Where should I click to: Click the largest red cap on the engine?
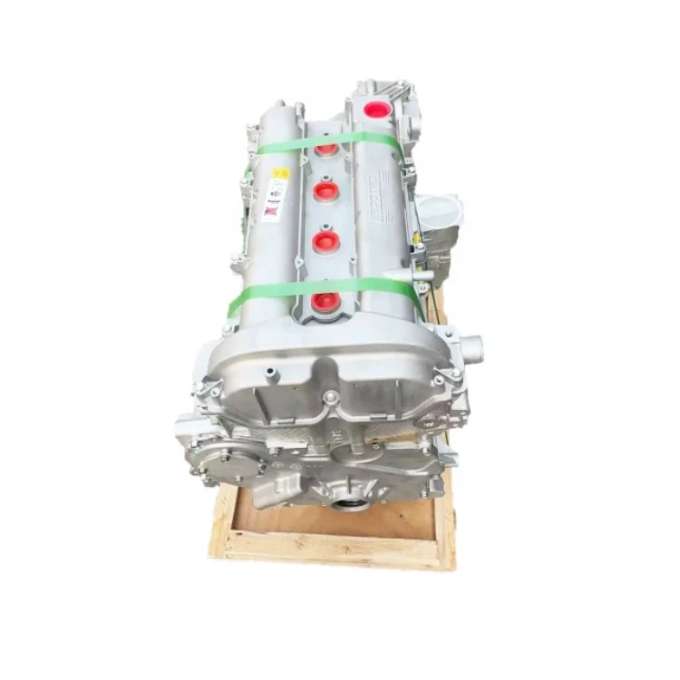[377, 110]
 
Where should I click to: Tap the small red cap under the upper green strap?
[326, 148]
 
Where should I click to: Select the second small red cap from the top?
[325, 191]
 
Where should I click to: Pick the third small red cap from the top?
[325, 241]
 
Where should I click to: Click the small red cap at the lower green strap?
[325, 300]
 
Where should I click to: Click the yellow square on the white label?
[281, 172]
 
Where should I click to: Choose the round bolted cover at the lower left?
[219, 459]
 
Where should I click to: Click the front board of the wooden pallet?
[335, 548]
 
